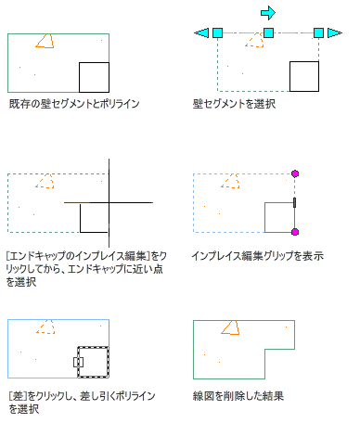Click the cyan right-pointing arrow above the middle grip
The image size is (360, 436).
coord(268,13)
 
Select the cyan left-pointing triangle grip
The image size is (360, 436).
coord(201,32)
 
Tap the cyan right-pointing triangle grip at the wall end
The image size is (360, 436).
coord(335,32)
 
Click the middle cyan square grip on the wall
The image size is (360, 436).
coord(268,32)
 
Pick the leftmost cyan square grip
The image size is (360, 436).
coord(217,32)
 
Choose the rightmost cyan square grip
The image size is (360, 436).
coord(318,32)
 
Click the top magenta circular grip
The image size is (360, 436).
coord(295,173)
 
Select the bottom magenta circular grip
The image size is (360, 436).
coord(295,232)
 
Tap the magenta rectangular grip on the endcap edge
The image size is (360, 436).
coord(294,202)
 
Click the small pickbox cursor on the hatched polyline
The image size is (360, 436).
coord(78,362)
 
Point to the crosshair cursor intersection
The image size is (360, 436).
coord(109,202)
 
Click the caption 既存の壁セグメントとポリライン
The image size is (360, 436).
coord(74,104)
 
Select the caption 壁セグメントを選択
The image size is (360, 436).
coord(234,104)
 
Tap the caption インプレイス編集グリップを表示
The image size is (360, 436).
coord(258,256)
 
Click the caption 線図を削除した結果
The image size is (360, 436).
coord(238,396)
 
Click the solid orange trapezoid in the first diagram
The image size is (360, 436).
coord(45,41)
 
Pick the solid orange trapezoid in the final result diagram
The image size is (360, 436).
coord(231,327)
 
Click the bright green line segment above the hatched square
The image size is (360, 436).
coord(109,333)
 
